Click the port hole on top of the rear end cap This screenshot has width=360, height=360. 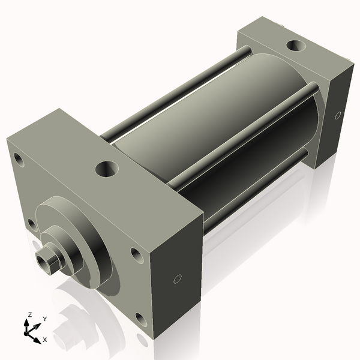[x=295, y=45]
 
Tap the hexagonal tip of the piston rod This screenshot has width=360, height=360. [x=46, y=261]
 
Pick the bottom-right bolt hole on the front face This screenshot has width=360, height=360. [x=140, y=318]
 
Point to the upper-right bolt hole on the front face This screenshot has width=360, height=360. [x=137, y=256]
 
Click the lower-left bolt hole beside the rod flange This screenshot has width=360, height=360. [x=32, y=225]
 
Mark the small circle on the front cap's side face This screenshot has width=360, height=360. [x=177, y=279]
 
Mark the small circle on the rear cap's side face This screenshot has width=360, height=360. [x=338, y=115]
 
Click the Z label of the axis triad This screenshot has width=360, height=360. [x=30, y=314]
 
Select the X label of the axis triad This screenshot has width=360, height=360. [x=44, y=340]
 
